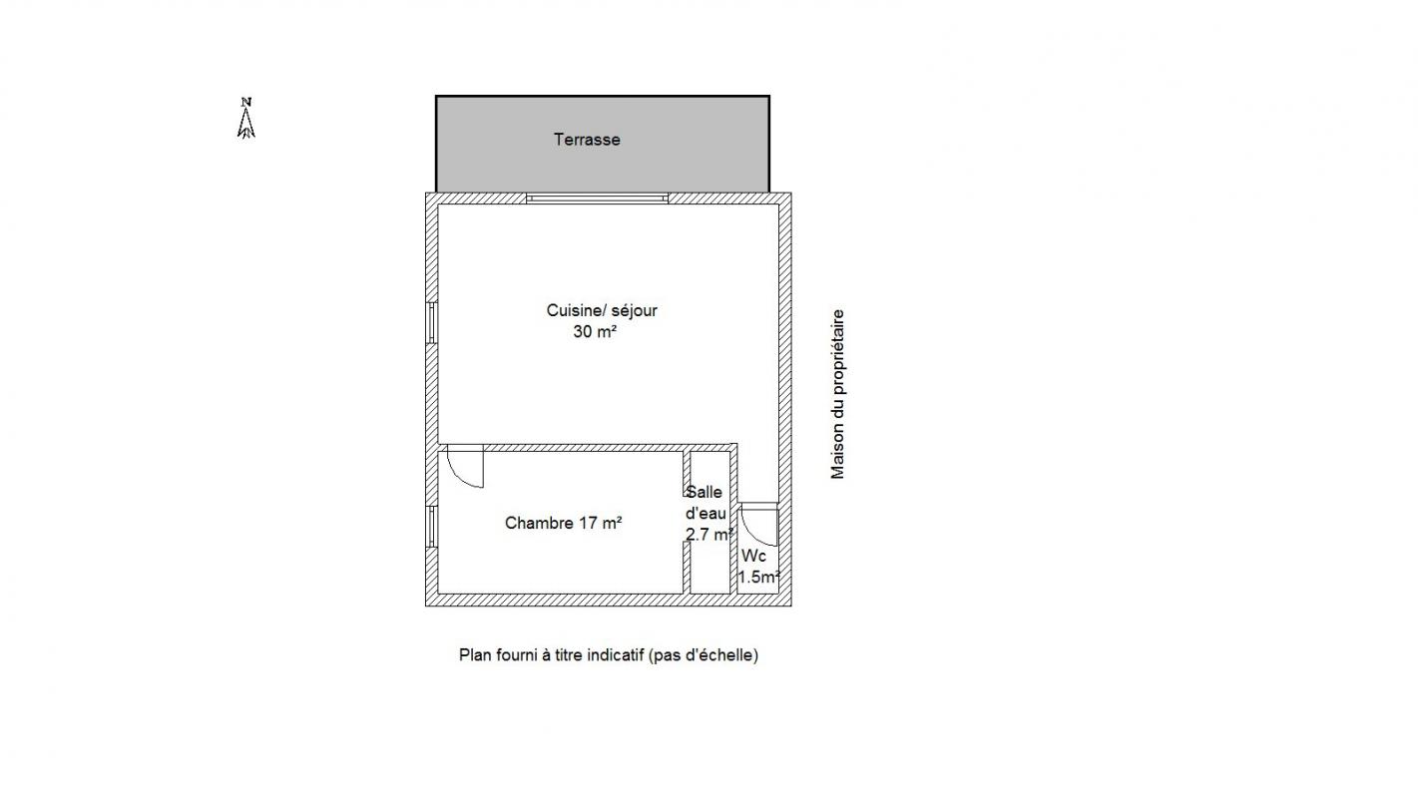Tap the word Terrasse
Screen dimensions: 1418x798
587,140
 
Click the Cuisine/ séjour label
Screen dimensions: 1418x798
602,310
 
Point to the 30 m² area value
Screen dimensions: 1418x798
595,331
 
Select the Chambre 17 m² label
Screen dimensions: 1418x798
563,524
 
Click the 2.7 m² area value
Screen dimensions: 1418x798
709,535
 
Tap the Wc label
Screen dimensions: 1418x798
754,557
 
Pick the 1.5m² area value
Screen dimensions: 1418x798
759,578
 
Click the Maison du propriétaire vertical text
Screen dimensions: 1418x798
837,394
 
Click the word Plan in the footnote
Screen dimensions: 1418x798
475,655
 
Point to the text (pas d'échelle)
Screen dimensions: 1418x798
704,655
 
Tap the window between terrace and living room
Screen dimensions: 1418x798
597,199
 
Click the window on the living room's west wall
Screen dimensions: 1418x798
431,323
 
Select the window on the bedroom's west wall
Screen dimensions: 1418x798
431,527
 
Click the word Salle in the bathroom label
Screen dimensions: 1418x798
704,493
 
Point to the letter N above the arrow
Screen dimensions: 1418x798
246,102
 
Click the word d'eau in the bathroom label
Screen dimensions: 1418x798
706,514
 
